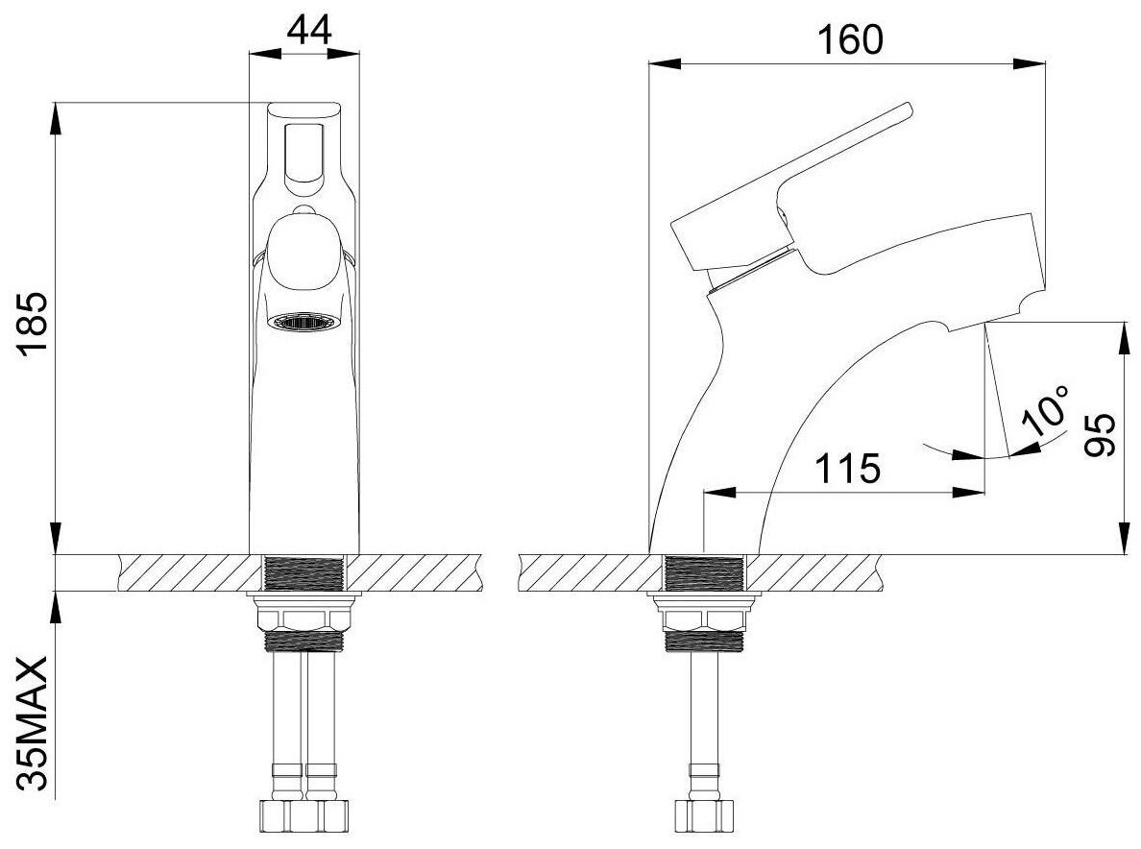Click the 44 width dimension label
(x=309, y=30)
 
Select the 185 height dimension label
(x=34, y=322)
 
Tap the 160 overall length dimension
(x=850, y=39)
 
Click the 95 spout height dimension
(x=1100, y=434)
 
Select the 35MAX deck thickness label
(x=34, y=723)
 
